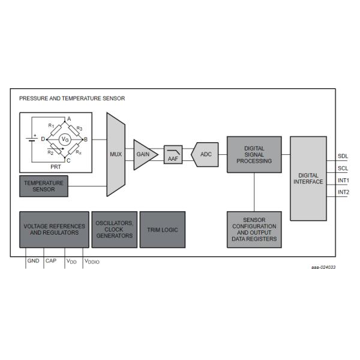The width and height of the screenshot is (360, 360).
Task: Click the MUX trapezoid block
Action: (115, 154)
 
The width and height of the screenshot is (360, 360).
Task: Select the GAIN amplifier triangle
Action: (144, 154)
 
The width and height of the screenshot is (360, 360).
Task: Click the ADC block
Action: (205, 154)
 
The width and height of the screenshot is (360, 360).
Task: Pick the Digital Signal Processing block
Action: (254, 154)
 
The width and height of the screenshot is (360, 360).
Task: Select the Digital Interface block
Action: (307, 178)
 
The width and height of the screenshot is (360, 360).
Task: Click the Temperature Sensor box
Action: (44, 185)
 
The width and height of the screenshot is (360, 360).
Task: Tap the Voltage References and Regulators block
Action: (54, 229)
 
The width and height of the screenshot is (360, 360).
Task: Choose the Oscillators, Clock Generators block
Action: (114, 229)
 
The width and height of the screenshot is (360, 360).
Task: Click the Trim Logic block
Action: (163, 229)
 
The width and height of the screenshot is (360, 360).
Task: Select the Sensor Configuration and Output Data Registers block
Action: (254, 230)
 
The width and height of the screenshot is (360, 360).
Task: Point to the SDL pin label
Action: (343, 157)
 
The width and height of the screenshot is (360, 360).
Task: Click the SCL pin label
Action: (343, 169)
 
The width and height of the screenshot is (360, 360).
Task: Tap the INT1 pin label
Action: (344, 181)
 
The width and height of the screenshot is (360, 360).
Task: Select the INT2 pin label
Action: (344, 193)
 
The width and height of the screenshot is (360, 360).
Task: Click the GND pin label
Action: (33, 261)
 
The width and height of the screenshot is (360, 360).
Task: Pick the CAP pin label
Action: (51, 261)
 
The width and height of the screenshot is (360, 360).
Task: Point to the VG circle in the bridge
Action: (67, 139)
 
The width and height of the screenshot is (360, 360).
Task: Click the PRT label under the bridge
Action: (55, 167)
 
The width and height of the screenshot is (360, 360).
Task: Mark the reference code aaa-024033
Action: (323, 267)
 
